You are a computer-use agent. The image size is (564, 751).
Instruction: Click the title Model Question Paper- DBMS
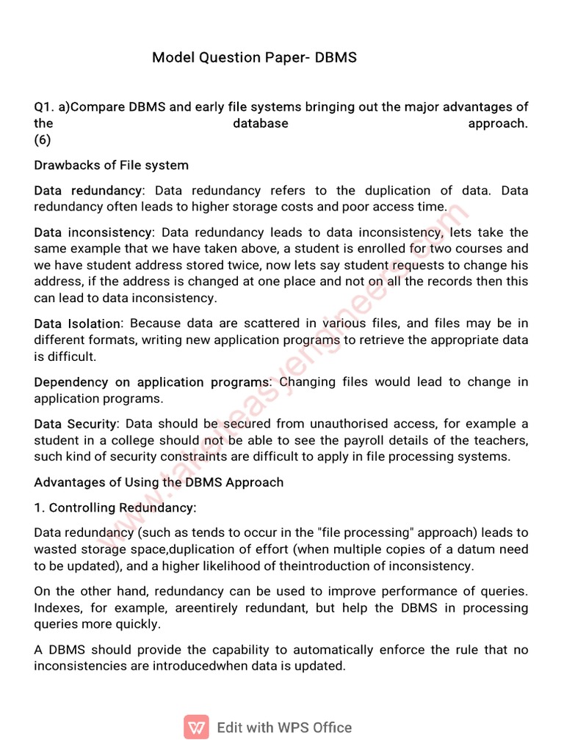click(x=254, y=57)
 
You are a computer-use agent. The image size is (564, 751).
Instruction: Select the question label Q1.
click(x=44, y=107)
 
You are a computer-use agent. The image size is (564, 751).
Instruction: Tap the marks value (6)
click(x=43, y=140)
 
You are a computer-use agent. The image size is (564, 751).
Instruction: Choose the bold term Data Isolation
click(x=79, y=323)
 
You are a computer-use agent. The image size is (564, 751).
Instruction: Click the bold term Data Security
click(x=76, y=424)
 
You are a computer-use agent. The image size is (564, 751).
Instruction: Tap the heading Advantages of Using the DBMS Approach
click(x=159, y=483)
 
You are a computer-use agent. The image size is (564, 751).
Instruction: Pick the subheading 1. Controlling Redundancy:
click(x=115, y=508)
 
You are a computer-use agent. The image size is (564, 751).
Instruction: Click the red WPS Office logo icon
click(x=196, y=728)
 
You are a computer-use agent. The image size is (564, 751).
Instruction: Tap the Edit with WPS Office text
click(x=284, y=728)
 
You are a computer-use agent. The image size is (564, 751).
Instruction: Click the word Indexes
click(x=57, y=608)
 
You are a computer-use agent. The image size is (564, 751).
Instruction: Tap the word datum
click(x=466, y=549)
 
